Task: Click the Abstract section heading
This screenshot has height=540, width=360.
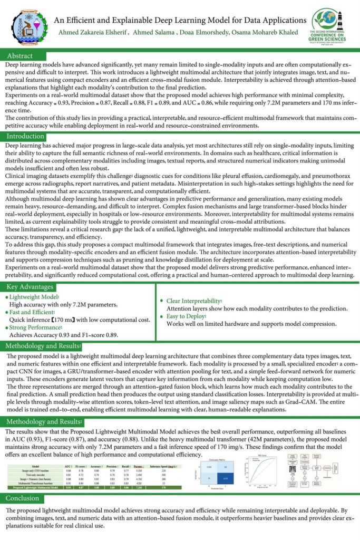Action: click(20, 56)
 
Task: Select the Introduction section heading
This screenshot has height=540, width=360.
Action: click(25, 137)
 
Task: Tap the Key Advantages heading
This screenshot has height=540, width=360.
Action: click(30, 287)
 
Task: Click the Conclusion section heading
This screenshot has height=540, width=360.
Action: click(23, 498)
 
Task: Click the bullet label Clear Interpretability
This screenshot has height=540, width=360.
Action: click(193, 301)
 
